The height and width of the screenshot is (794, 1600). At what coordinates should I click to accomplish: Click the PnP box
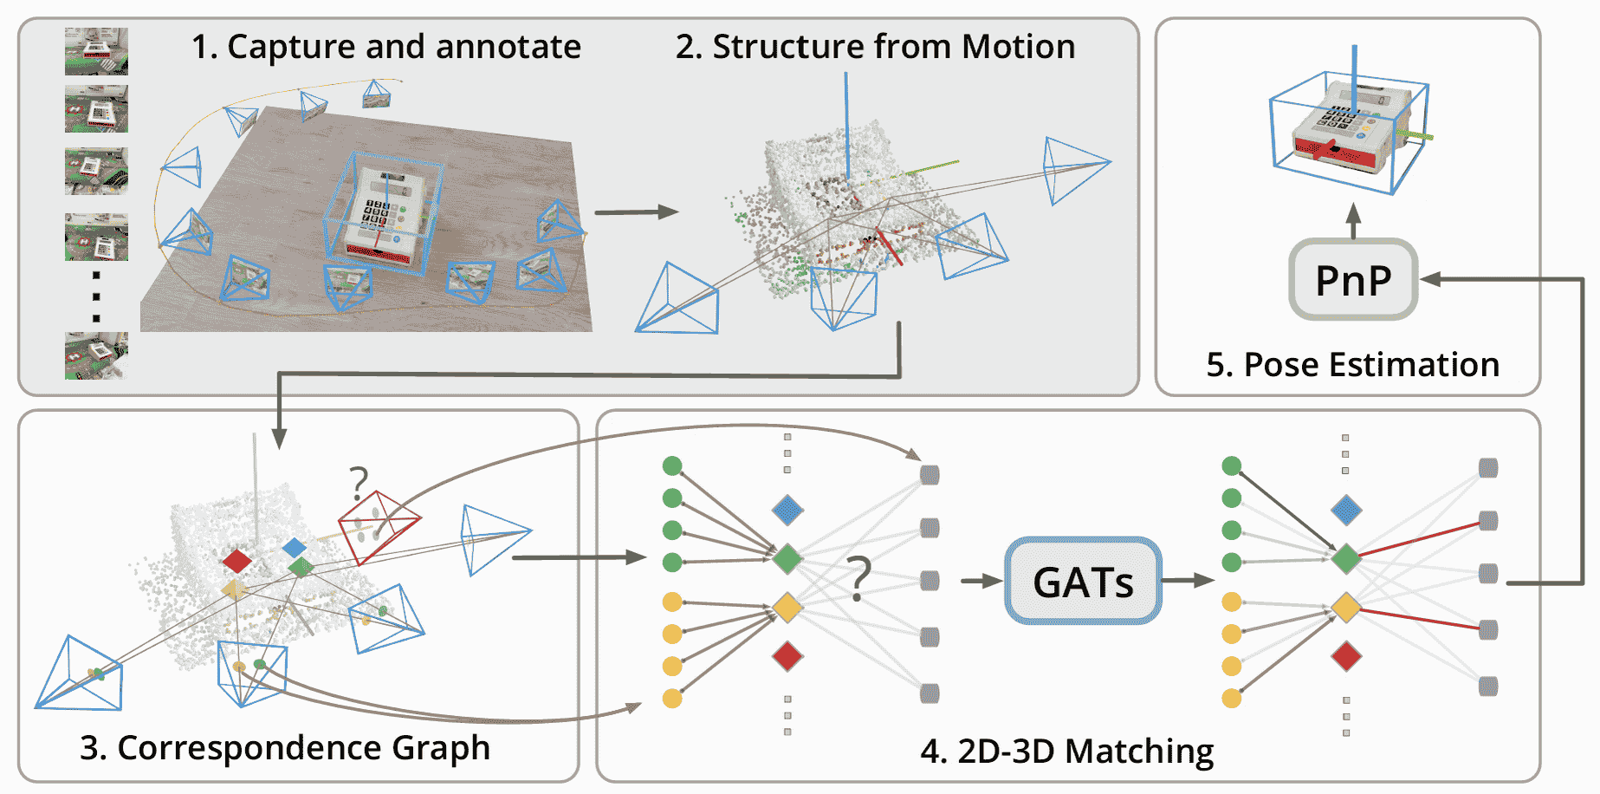pyautogui.click(x=1352, y=280)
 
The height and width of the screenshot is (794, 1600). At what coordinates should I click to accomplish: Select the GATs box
pyautogui.click(x=1083, y=581)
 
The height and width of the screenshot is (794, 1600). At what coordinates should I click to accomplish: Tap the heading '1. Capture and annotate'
pyautogui.click(x=385, y=47)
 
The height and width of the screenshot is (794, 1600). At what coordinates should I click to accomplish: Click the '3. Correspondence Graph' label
pyautogui.click(x=285, y=747)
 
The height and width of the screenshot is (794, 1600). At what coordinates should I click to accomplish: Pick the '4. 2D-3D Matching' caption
pyautogui.click(x=1066, y=751)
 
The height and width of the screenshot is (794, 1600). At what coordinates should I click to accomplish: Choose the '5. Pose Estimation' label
pyautogui.click(x=1352, y=365)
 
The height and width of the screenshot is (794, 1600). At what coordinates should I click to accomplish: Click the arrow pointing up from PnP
pyautogui.click(x=1354, y=220)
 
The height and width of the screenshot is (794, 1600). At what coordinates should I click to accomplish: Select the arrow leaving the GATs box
pyautogui.click(x=1188, y=581)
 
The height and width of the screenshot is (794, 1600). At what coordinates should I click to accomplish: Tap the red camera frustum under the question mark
pyautogui.click(x=379, y=525)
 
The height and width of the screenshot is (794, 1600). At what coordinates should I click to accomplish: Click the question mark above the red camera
pyautogui.click(x=359, y=482)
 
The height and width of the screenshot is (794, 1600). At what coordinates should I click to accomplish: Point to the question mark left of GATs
pyautogui.click(x=858, y=579)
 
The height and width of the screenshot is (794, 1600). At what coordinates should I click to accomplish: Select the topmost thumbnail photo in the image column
pyautogui.click(x=96, y=51)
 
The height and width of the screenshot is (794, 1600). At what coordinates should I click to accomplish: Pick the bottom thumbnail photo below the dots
pyautogui.click(x=96, y=355)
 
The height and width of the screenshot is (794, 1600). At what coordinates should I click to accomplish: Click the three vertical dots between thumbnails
pyautogui.click(x=96, y=296)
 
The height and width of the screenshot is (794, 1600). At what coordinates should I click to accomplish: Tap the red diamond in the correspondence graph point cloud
pyautogui.click(x=236, y=561)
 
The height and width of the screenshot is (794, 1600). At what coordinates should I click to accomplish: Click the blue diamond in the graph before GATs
pyautogui.click(x=787, y=510)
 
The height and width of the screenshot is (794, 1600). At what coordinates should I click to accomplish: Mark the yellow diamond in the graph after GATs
pyautogui.click(x=1345, y=607)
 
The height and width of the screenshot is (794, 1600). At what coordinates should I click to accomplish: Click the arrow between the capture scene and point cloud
pyautogui.click(x=636, y=212)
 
